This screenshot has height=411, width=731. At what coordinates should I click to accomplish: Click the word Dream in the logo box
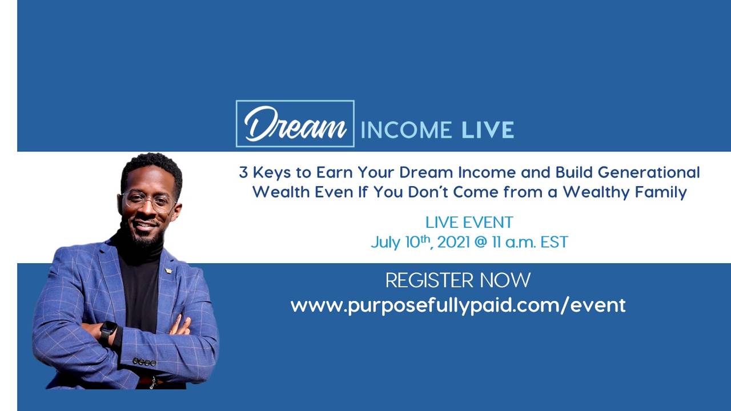pos(295,124)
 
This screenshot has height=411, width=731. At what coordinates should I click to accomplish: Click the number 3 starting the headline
pos(243,172)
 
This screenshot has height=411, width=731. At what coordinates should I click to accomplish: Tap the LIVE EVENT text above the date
pos(469,222)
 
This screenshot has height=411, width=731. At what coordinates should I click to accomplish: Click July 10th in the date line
pos(400,242)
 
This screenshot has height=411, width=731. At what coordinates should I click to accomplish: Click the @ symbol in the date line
pos(481,242)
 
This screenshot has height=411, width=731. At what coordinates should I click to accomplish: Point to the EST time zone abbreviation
pos(553,242)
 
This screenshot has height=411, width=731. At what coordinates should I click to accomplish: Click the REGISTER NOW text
pos(457,280)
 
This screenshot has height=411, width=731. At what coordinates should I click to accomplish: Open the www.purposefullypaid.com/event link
pos(457,305)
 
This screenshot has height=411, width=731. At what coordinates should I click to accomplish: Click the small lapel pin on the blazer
pos(168,271)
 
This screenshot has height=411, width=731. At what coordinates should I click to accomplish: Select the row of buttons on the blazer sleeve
pos(144,362)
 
